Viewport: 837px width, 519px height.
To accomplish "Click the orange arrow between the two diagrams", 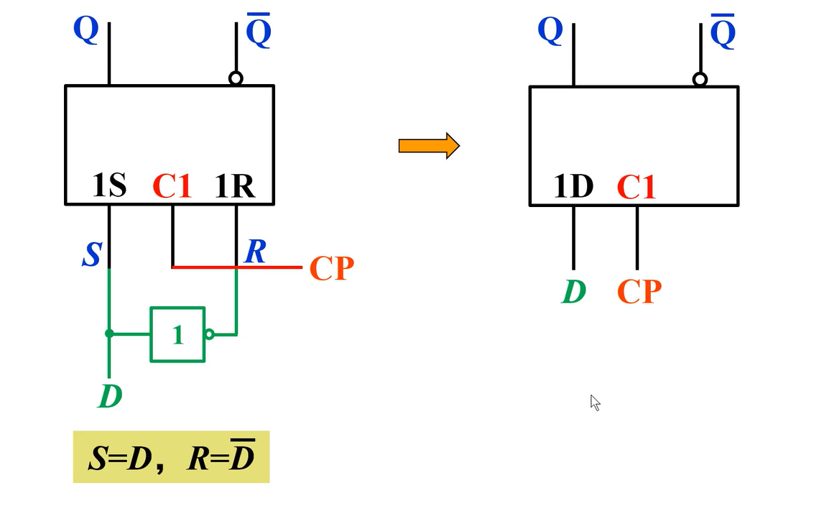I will (429, 146).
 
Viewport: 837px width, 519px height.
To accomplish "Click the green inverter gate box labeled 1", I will (177, 334).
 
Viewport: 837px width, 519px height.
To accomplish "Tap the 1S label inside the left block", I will (109, 186).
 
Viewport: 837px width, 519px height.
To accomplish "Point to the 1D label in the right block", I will (573, 187).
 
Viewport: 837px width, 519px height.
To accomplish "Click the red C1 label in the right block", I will (637, 188).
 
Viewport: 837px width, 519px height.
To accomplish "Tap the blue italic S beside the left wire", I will (91, 254).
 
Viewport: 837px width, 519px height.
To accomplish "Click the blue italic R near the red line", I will (255, 252).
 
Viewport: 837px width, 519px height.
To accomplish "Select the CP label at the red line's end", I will (331, 268).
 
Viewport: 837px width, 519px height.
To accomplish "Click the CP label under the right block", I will (639, 291).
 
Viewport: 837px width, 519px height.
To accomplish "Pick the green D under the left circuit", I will (110, 396).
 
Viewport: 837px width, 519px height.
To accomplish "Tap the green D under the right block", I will (574, 291).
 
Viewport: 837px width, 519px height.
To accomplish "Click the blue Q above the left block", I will (85, 29).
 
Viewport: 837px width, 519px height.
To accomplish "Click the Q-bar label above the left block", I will (259, 32).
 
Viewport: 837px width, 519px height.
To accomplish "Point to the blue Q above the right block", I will (550, 31).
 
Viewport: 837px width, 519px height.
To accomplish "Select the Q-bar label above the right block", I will (723, 33).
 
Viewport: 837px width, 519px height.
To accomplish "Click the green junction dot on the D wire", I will (109, 334).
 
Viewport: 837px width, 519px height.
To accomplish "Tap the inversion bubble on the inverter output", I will (209, 334).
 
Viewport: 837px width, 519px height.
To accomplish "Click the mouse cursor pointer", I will (595, 403).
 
